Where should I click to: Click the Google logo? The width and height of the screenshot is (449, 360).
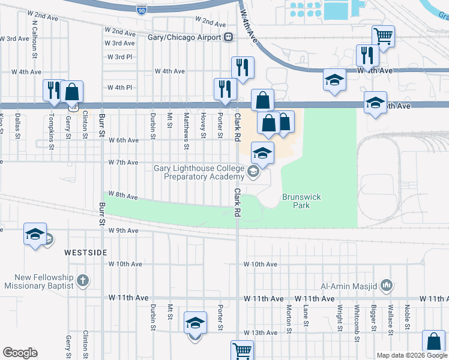[20, 353]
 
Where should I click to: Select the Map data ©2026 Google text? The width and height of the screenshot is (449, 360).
[412, 355]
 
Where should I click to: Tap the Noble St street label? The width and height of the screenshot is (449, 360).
[407, 318]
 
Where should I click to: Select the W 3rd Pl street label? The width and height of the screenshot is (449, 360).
[119, 57]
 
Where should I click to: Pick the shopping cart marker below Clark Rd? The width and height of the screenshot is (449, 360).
[242, 350]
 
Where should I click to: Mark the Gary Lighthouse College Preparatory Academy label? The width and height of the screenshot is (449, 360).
[199, 173]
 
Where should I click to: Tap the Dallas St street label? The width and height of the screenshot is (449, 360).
[18, 123]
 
